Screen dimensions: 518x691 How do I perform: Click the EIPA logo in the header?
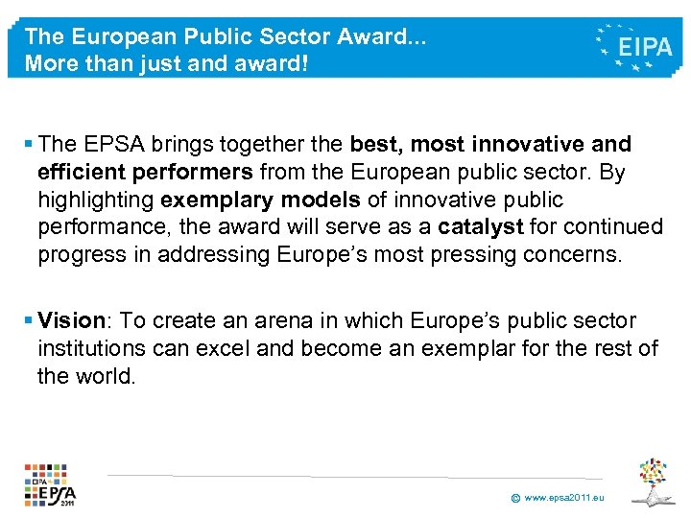point(634,45)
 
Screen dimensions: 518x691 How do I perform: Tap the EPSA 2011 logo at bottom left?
point(50,484)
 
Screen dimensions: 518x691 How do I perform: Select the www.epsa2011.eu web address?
point(565,499)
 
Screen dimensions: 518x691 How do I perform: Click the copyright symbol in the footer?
point(515,499)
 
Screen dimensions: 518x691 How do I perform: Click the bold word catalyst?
point(479,227)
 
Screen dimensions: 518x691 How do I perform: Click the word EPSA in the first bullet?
point(116,144)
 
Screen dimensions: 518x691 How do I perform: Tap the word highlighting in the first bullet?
point(97,200)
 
